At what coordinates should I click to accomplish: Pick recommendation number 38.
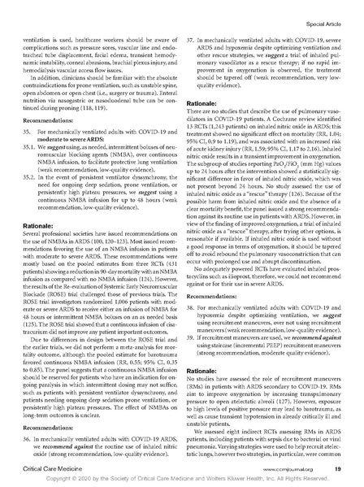[x=192, y=288]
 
